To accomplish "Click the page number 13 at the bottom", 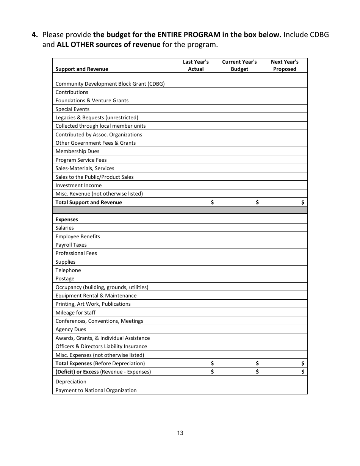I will tap(180, 433).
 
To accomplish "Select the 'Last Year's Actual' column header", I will tap(196, 66).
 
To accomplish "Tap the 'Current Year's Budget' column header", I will tap(239, 66).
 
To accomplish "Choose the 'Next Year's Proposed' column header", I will tap(285, 66).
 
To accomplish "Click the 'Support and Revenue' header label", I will tap(81, 69).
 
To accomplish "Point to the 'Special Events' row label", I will tap(72, 109).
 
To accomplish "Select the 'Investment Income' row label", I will tap(78, 185).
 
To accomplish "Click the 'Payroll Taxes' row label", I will tap(71, 245).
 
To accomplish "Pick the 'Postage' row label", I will tap(65, 278).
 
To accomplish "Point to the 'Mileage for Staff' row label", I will tap(75, 313).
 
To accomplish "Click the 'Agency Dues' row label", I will tap(70, 329).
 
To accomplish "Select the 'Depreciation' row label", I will tap(71, 382).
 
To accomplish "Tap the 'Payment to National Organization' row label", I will tap(96, 390).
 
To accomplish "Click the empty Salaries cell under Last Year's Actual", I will tap(196, 228).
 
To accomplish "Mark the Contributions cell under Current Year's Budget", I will tap(239, 92).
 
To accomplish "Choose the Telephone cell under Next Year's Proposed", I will tap(285, 270).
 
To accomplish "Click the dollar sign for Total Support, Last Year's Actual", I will tap(212, 202).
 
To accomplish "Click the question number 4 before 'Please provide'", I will tap(35, 35).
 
